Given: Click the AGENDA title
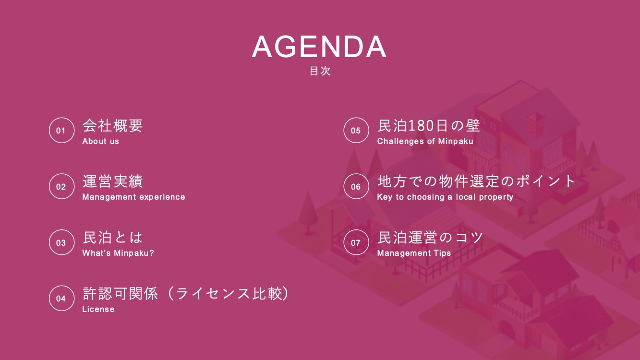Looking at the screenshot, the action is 319,47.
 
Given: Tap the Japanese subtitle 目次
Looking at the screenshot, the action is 320,71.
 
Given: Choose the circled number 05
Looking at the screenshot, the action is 356,130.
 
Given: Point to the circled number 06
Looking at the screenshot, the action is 356,186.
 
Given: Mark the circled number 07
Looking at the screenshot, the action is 356,242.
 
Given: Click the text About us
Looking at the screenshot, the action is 100,141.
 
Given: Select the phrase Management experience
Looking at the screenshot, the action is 134,197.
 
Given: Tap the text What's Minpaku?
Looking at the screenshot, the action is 118,253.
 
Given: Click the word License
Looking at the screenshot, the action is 98,309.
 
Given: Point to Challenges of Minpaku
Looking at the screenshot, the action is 425,141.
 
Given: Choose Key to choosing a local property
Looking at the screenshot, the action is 445,197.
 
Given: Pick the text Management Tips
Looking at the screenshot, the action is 414,253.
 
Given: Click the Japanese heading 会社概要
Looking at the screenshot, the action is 112,125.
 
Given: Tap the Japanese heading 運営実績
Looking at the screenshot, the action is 112,181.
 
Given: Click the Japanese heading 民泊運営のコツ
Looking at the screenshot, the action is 430,238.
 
